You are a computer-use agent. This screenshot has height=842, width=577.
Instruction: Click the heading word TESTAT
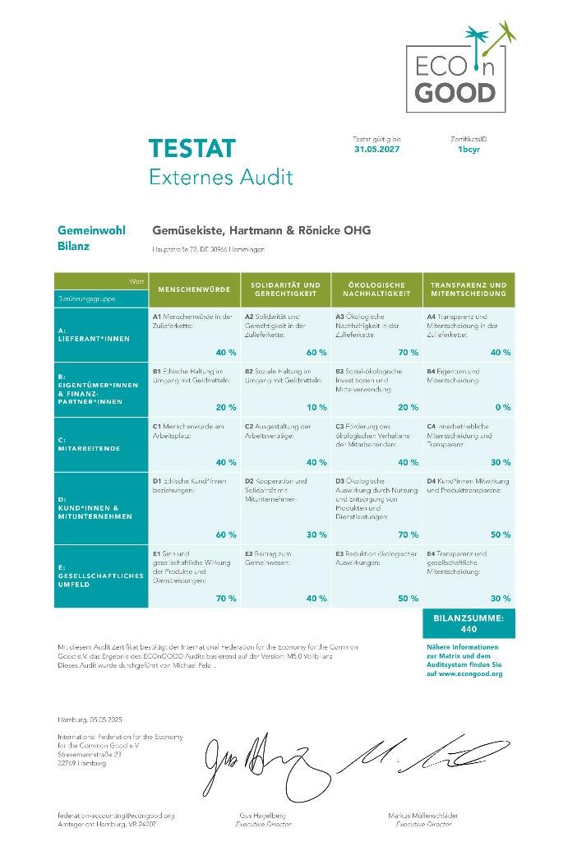pyautogui.click(x=192, y=149)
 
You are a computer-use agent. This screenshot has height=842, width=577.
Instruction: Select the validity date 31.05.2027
pyautogui.click(x=376, y=150)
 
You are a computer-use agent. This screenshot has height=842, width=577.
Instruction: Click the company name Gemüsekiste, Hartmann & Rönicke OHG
pyautogui.click(x=261, y=230)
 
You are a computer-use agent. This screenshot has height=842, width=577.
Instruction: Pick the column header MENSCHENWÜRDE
pyautogui.click(x=194, y=289)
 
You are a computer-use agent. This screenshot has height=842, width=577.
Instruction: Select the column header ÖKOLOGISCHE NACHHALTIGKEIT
pyautogui.click(x=376, y=289)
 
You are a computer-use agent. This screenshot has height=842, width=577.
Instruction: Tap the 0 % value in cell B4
pyautogui.click(x=503, y=407)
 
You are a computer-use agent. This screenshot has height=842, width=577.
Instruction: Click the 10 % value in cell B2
pyautogui.click(x=316, y=407)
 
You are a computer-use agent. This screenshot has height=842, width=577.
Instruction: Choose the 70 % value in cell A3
pyautogui.click(x=408, y=352)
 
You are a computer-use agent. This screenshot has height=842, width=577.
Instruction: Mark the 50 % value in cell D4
pyautogui.click(x=501, y=534)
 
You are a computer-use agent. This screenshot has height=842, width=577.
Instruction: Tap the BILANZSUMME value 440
pyautogui.click(x=469, y=629)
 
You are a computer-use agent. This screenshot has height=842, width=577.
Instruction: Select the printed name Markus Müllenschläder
pyautogui.click(x=423, y=815)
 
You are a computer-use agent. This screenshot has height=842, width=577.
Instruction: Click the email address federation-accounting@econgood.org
pyautogui.click(x=115, y=815)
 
